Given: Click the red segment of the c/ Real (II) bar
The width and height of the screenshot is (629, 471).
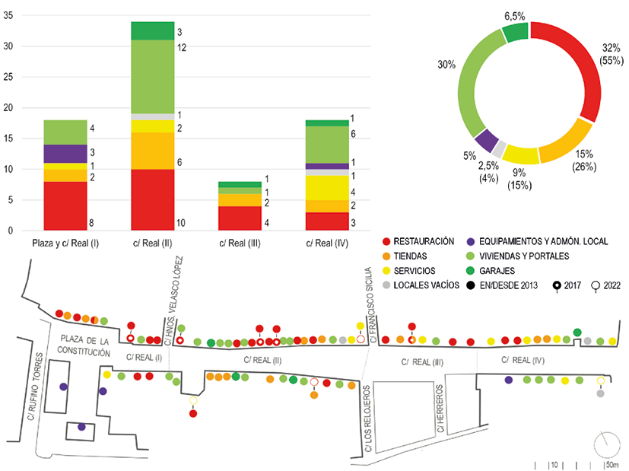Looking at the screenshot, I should click(x=152, y=199).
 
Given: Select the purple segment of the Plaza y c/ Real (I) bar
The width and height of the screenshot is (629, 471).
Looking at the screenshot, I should click(x=65, y=154).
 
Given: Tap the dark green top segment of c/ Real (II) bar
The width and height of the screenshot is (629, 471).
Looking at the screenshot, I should click(x=152, y=31).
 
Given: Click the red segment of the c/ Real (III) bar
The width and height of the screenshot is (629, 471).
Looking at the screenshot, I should click(x=240, y=218).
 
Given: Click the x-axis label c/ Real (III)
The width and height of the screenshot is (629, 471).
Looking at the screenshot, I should click(x=240, y=243).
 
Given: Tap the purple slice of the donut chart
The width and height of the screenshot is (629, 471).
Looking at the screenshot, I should click(x=487, y=140).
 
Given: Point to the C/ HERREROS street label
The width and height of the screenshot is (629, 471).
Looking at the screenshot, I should click(x=440, y=409).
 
